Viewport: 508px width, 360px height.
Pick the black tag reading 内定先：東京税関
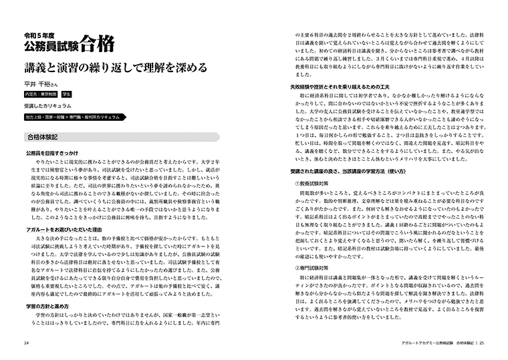pyautogui.click(x=41, y=95)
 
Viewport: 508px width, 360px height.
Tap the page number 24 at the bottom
pyautogui.click(x=25, y=344)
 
